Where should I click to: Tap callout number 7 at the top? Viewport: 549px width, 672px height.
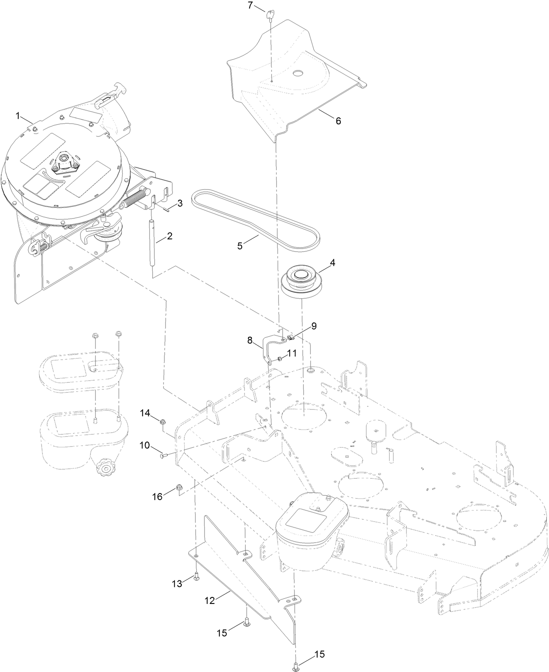250,6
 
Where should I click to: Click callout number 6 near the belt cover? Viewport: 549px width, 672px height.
338,121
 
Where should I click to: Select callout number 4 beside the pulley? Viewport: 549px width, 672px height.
333,263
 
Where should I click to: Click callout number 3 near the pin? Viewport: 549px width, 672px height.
179,203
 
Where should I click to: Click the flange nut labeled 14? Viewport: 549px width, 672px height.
163,422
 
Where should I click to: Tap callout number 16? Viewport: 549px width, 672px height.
157,496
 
